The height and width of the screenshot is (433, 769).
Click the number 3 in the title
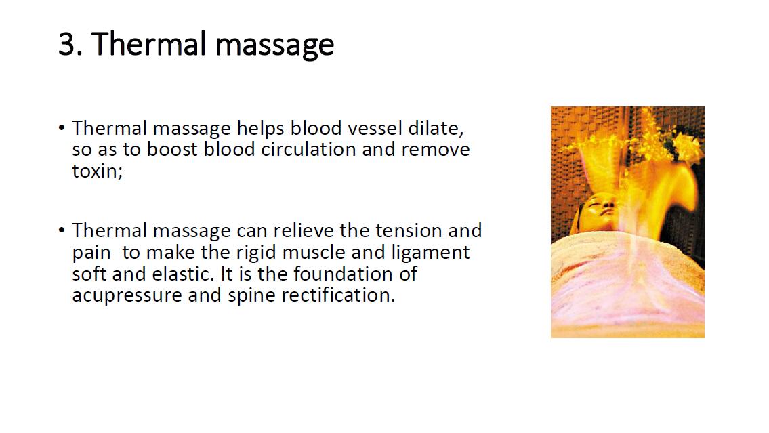click(68, 43)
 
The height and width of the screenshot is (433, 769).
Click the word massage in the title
click(274, 46)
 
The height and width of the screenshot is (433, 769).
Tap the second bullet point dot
click(61, 230)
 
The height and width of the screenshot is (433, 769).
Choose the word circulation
click(308, 150)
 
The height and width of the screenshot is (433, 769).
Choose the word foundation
click(344, 274)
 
